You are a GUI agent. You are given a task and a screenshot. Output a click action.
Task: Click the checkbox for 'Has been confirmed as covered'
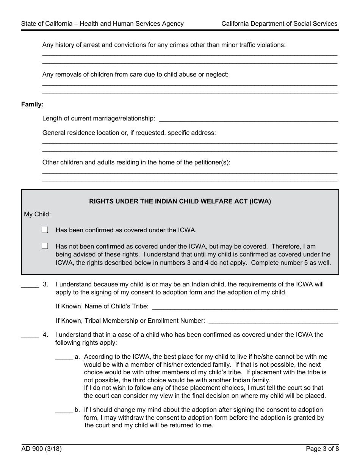45,230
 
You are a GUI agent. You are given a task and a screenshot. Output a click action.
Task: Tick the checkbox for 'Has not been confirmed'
45,246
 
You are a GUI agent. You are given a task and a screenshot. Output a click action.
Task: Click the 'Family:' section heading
32,104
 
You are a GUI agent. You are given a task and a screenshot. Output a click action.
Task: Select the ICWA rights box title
180,202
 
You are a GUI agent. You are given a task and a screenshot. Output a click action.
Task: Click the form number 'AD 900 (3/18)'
41,449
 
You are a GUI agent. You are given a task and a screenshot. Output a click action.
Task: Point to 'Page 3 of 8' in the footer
322,449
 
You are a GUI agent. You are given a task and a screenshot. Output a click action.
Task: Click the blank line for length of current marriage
248,119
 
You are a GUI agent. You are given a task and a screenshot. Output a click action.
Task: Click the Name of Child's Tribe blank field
244,306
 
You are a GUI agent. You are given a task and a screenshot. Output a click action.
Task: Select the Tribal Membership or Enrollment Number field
273,321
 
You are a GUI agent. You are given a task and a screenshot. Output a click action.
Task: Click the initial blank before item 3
30,285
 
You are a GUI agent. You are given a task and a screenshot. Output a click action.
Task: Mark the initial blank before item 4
30,335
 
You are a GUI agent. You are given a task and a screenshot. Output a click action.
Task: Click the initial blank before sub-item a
64,357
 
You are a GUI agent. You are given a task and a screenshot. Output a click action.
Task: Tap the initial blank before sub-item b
64,410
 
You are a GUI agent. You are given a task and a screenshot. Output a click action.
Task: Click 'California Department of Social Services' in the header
279,23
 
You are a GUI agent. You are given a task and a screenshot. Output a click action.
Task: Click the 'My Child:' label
37,214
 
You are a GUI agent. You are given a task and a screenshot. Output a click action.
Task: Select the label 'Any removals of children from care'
135,74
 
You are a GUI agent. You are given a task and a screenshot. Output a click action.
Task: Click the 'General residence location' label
129,133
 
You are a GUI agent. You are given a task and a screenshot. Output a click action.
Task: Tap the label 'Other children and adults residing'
136,162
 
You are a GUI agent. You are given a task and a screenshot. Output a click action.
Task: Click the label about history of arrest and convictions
164,45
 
